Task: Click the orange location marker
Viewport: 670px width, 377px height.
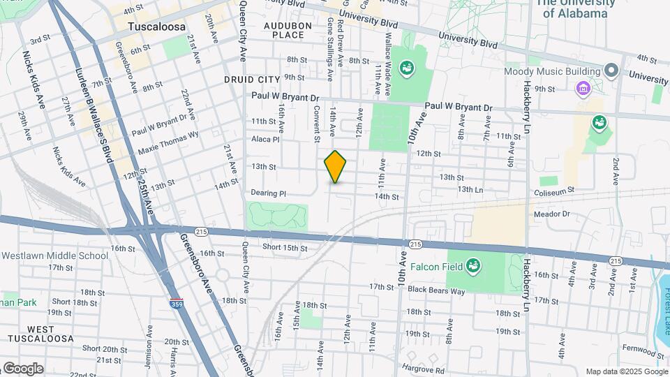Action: (x=336, y=167)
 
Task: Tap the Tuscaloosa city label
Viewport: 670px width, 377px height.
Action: (x=156, y=27)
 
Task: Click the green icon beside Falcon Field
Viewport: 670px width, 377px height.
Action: (x=473, y=265)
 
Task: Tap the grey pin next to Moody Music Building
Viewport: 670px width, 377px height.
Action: (x=611, y=71)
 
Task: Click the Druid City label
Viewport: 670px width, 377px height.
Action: (x=252, y=80)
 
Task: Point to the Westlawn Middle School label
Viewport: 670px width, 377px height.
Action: (x=54, y=256)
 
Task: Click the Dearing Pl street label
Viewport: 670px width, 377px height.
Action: (x=269, y=193)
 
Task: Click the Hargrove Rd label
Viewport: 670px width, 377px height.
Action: (x=424, y=370)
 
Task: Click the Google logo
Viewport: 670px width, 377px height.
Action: (x=22, y=368)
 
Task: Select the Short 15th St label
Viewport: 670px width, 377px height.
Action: (x=285, y=248)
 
